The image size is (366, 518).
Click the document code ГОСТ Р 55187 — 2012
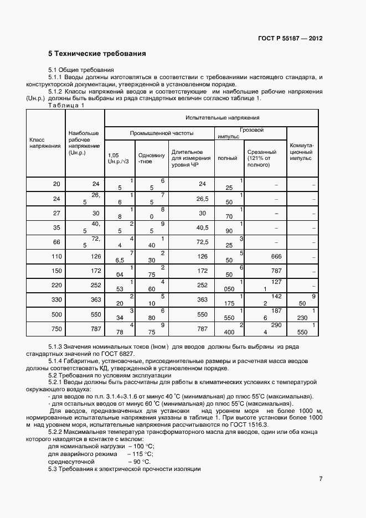click(290, 39)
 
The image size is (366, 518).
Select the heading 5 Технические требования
click(97, 54)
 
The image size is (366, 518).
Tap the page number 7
click(321, 479)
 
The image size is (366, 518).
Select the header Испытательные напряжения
click(211, 118)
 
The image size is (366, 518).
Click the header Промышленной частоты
click(162, 133)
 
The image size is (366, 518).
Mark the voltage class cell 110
click(55, 256)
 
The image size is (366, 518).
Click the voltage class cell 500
click(55, 314)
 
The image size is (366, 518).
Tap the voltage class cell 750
click(55, 328)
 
